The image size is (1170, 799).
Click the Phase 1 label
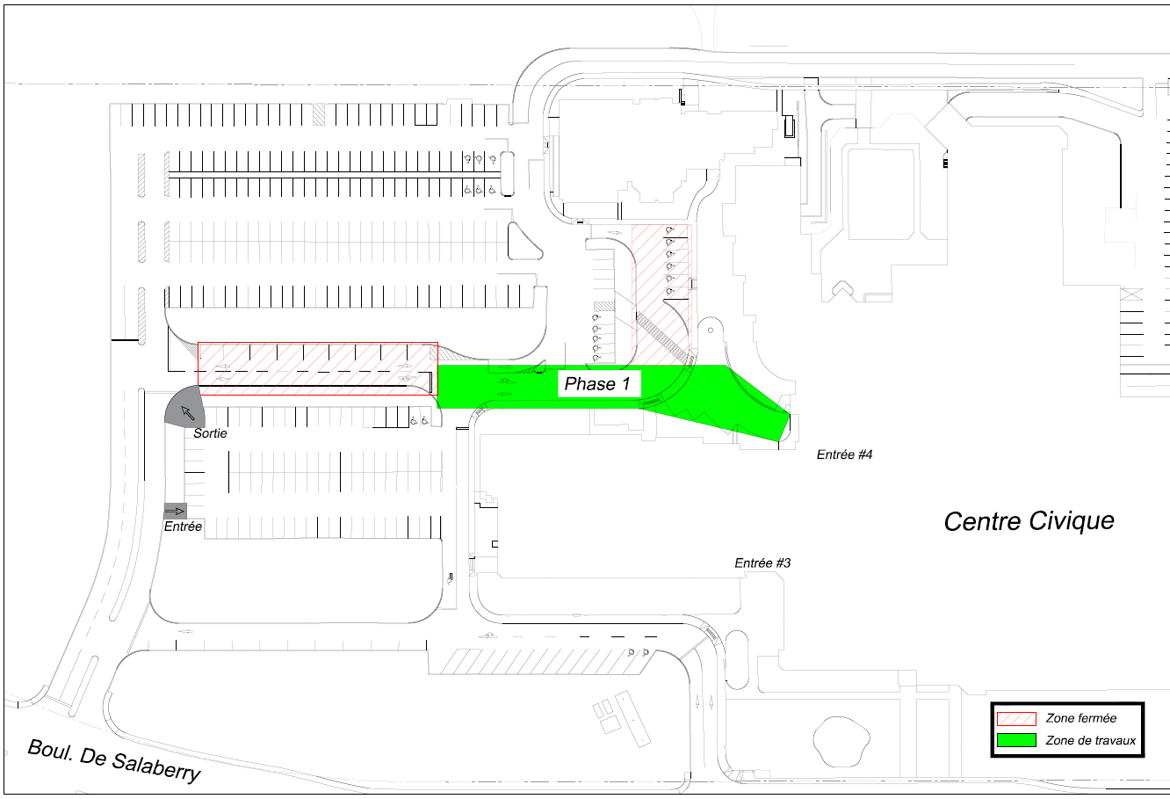(597, 384)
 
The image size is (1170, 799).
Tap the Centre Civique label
(1029, 521)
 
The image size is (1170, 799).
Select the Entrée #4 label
(845, 454)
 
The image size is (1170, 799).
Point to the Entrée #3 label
(762, 563)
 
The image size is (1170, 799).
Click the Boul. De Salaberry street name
(114, 761)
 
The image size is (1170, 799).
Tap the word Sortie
(210, 433)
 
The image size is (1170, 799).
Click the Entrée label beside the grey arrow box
(183, 527)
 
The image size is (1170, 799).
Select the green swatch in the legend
(1016, 740)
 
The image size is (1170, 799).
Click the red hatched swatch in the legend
(1016, 718)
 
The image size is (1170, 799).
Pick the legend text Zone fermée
(1080, 718)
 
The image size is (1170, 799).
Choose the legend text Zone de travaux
(1091, 740)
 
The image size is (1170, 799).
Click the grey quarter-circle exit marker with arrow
(185, 408)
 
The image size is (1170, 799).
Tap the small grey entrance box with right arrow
(175, 511)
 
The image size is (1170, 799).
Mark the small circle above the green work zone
(711, 330)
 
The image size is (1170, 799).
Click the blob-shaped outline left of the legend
(841, 740)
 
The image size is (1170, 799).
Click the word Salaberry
(155, 768)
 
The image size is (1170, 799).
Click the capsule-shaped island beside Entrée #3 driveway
(737, 659)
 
